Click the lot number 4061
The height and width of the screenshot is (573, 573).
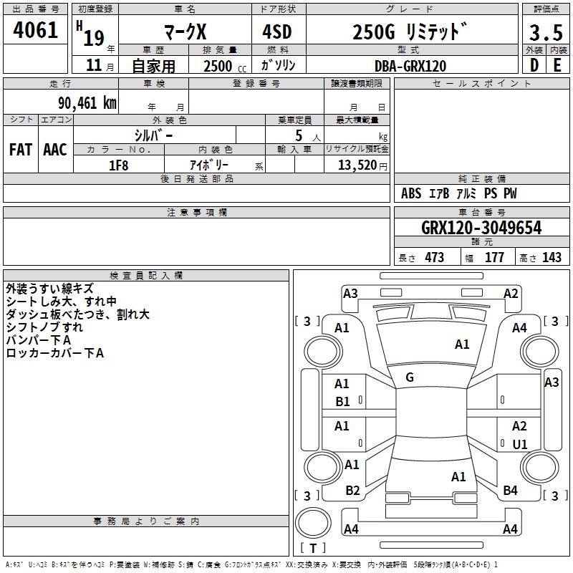click(35, 32)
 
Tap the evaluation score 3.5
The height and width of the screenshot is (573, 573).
click(544, 33)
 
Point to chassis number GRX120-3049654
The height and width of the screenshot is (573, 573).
click(481, 228)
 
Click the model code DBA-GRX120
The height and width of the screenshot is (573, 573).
click(411, 66)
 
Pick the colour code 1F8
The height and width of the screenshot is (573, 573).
click(118, 165)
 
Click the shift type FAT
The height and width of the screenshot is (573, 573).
click(21, 150)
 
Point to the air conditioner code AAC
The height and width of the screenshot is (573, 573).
click(55, 150)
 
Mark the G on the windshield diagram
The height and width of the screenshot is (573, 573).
click(410, 377)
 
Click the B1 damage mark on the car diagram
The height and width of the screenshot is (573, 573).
click(343, 402)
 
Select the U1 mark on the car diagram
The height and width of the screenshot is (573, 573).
click(520, 444)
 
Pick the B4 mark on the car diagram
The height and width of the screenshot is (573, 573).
click(510, 491)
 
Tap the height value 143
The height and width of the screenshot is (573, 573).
click(552, 258)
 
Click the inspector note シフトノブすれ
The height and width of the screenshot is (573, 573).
click(44, 327)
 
